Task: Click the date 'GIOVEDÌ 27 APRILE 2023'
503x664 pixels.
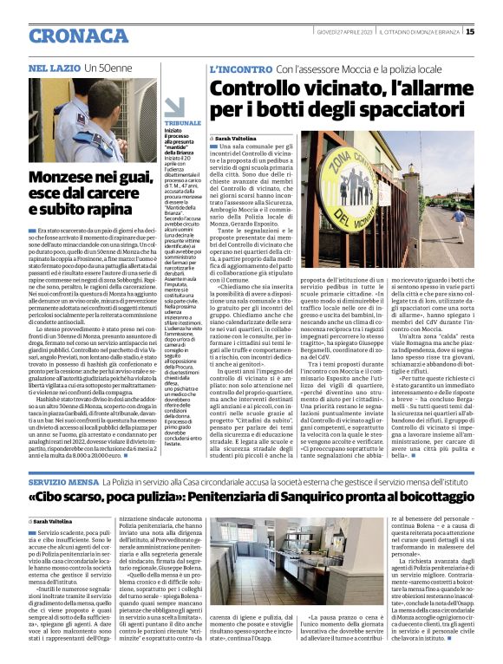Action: [344, 32]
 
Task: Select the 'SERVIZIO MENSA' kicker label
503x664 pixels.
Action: [63, 480]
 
